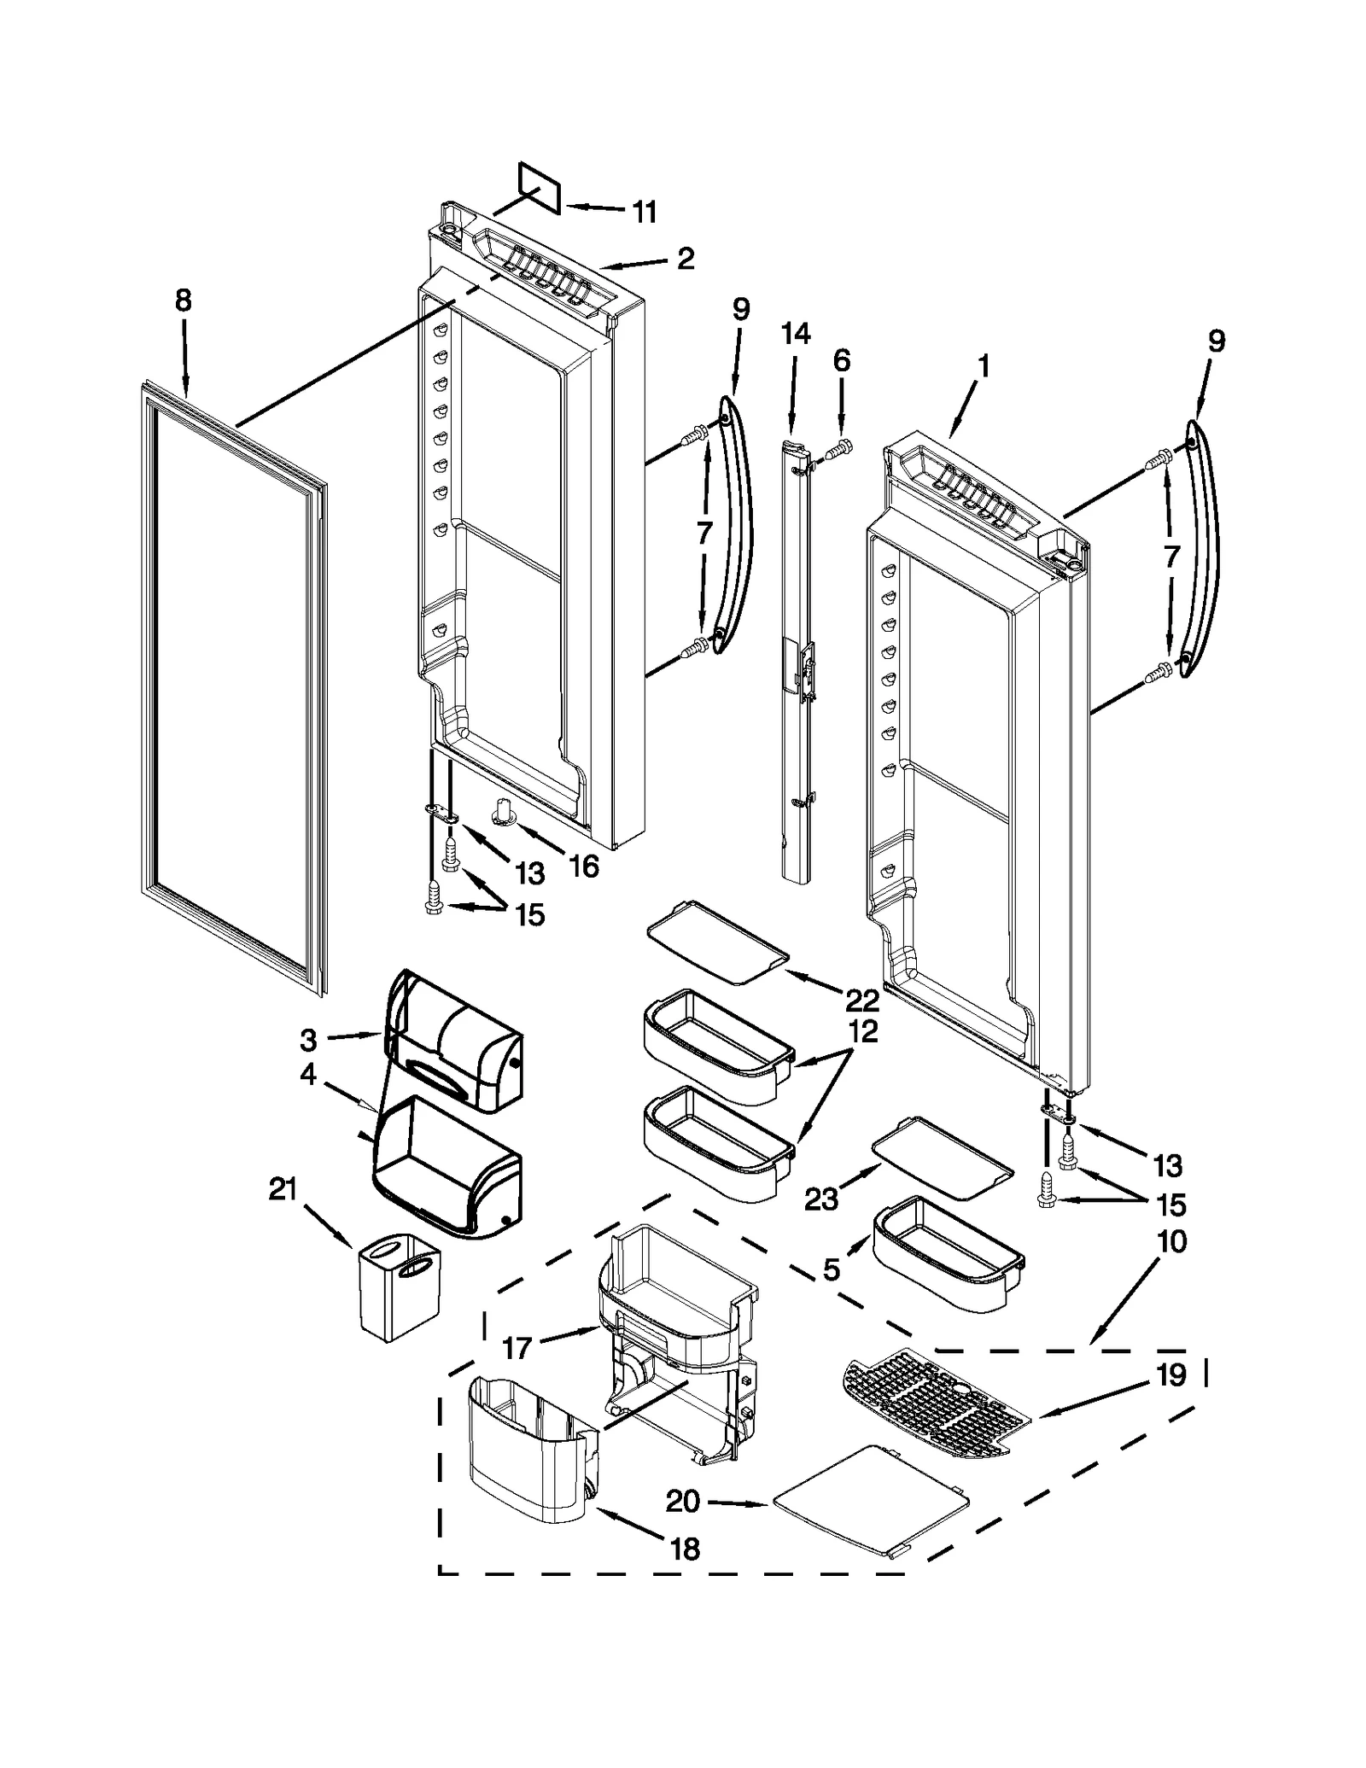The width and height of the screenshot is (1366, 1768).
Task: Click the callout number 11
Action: point(644,211)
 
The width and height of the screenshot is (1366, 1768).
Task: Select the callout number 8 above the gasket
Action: point(184,301)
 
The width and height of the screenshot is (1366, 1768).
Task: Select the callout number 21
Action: point(283,1188)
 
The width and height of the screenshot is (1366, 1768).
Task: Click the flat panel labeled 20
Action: point(871,1498)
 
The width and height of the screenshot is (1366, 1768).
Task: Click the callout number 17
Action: point(517,1348)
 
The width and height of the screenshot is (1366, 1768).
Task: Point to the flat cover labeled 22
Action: point(717,942)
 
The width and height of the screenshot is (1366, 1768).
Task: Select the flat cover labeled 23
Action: point(942,1158)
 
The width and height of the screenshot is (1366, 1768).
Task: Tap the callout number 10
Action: point(1172,1241)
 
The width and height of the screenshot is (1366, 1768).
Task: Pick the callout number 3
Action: point(308,1040)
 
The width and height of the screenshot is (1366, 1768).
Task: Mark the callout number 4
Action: point(308,1074)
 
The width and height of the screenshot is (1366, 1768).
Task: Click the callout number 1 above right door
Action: point(984,367)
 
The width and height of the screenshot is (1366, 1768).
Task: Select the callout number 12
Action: point(863,1031)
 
